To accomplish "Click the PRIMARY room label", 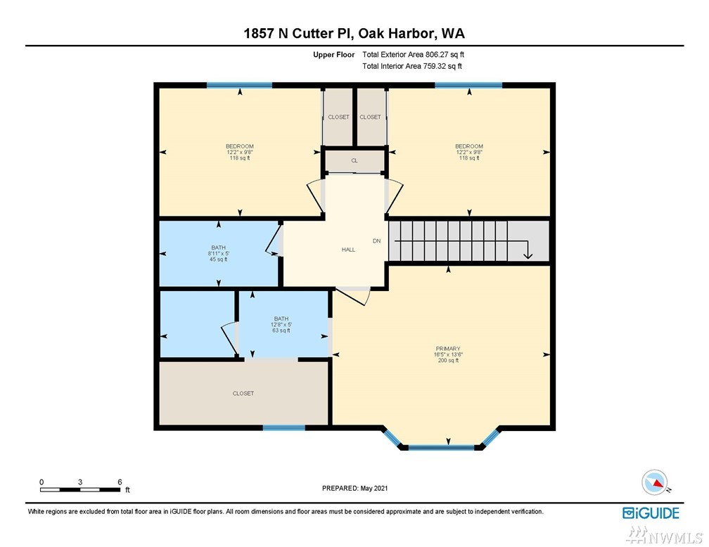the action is click(447, 349).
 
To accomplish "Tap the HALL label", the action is click(348, 250).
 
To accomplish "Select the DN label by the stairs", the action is click(377, 241).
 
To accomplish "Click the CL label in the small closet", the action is click(354, 160).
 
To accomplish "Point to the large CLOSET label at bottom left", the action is click(243, 393).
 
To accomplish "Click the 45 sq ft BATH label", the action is click(218, 254).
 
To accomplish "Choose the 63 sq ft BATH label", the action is click(281, 325).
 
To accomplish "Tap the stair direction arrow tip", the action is click(528, 259).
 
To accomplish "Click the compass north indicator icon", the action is click(655, 482).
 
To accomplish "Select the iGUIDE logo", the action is click(651, 513).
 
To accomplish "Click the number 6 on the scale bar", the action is click(120, 482).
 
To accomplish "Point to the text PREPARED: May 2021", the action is click(355, 488).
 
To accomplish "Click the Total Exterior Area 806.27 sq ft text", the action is click(414, 55).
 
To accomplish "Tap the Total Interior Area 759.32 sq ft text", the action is click(412, 66).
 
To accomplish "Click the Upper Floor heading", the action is click(333, 55).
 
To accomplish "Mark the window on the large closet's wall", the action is click(283, 427).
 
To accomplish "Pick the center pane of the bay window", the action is click(441, 448).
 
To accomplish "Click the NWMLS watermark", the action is click(665, 536).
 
